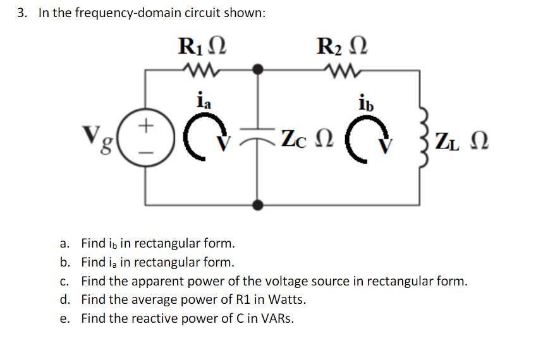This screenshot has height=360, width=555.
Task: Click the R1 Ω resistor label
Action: coord(200,47)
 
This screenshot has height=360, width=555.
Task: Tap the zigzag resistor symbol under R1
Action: coord(200,70)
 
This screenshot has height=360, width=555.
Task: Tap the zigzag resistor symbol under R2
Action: coord(342,70)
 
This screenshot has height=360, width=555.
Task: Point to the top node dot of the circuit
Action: coord(258,69)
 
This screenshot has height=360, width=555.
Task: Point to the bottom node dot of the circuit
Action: coord(258,204)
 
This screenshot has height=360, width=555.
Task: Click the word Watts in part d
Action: coord(277,299)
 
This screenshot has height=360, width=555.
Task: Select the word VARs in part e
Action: coord(276,318)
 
